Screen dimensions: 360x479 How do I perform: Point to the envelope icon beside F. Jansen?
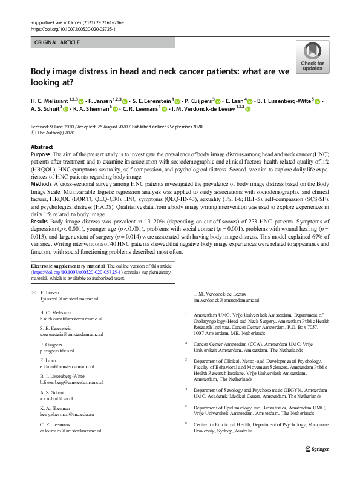click(33, 292)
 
